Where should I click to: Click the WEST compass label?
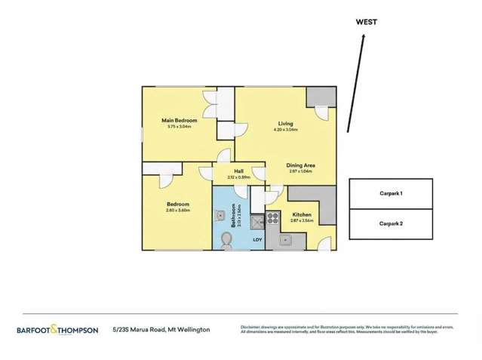[x=367, y=22]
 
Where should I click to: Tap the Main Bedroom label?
[x=180, y=120]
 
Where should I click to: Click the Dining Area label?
[x=299, y=165]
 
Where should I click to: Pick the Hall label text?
[x=238, y=171]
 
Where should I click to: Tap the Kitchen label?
[x=302, y=215]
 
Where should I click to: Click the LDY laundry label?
[x=257, y=240]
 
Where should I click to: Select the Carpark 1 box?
[x=390, y=193]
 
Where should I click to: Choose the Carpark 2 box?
[x=390, y=223]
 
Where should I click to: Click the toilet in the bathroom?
[x=225, y=239]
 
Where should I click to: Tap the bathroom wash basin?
[x=220, y=216]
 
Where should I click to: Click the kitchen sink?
[x=287, y=242]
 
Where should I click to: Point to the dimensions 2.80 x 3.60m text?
[x=178, y=211]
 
